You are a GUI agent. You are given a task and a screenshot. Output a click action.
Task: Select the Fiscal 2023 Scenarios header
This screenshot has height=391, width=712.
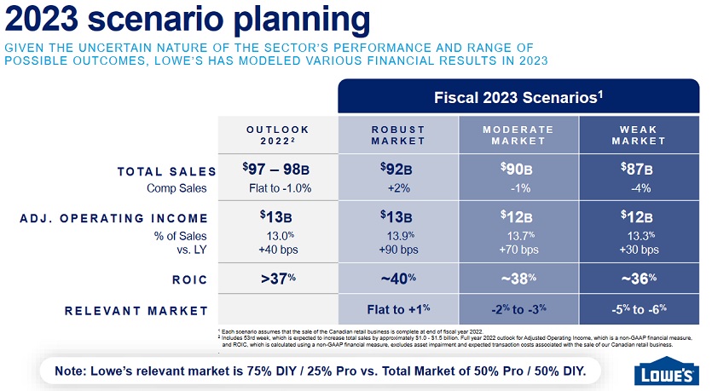pyautogui.click(x=518, y=97)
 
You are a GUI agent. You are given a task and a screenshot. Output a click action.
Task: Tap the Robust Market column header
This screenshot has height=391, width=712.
pyautogui.click(x=397, y=135)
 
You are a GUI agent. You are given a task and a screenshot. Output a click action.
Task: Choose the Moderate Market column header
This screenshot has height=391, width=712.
pyautogui.click(x=518, y=135)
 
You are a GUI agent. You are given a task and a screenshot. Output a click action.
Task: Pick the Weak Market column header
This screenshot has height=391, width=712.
pyautogui.click(x=639, y=135)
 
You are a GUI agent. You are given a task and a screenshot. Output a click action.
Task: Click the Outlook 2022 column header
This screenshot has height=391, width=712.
pyautogui.click(x=277, y=135)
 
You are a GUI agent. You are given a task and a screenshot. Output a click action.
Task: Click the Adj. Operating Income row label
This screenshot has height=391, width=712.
pyautogui.click(x=113, y=218)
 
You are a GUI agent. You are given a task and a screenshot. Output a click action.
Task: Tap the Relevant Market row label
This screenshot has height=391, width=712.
pyautogui.click(x=136, y=309)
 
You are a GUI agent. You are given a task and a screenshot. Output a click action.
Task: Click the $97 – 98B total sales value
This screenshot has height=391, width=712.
pyautogui.click(x=277, y=169)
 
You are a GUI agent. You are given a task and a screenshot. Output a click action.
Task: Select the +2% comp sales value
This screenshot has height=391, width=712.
pyautogui.click(x=397, y=188)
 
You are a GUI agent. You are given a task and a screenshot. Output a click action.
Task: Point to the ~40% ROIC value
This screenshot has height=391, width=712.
pyautogui.click(x=397, y=278)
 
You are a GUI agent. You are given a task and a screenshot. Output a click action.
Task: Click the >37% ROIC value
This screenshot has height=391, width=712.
pyautogui.click(x=277, y=278)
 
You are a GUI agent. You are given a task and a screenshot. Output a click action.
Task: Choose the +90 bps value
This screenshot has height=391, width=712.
pyautogui.click(x=397, y=250)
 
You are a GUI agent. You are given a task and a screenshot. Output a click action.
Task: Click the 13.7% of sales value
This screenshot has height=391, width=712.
pyautogui.click(x=518, y=235)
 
